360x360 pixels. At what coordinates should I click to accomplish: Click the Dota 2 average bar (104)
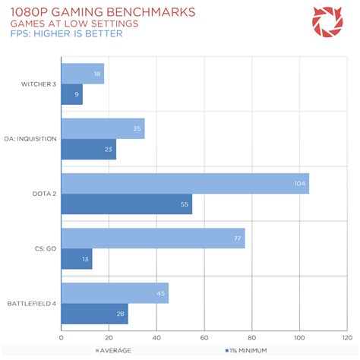pyautogui.click(x=185, y=184)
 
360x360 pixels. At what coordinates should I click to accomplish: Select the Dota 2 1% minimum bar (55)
pyautogui.click(x=126, y=204)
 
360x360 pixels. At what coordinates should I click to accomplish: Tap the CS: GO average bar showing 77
pyautogui.click(x=153, y=238)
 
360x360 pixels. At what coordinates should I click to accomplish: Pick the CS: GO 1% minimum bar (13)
pyautogui.click(x=76, y=259)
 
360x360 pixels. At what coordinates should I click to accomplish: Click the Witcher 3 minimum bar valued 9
pyautogui.click(x=71, y=95)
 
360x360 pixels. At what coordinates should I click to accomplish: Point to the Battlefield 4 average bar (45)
pyautogui.click(x=115, y=293)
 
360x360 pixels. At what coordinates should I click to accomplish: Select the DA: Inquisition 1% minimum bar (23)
pyautogui.click(x=88, y=150)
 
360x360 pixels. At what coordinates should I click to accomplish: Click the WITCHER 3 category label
pyautogui.click(x=36, y=84)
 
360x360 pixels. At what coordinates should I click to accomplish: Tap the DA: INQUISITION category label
pyautogui.click(x=30, y=139)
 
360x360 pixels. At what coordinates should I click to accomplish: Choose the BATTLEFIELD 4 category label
pyautogui.click(x=31, y=303)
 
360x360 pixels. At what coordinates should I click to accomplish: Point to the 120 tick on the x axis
pyautogui.click(x=346, y=337)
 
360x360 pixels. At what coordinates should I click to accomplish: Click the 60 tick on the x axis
pyautogui.click(x=204, y=337)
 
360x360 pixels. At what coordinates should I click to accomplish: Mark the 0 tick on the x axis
pyautogui.click(x=61, y=337)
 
